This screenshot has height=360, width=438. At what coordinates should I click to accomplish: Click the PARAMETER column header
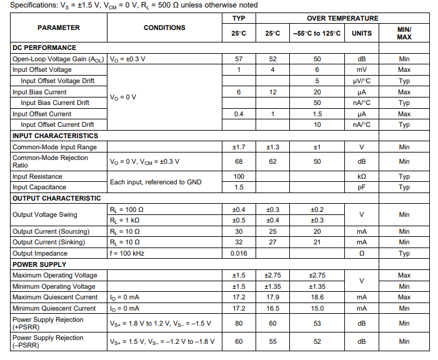tap(59, 27)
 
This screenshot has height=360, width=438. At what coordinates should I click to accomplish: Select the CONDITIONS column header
tap(164, 27)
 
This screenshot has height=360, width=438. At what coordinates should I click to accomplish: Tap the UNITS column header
tap(361, 33)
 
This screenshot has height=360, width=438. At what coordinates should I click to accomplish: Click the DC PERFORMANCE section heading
tap(44, 47)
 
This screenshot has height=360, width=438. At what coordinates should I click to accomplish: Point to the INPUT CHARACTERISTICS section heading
tap(55, 136)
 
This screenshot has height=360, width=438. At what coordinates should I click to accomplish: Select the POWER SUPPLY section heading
tap(39, 264)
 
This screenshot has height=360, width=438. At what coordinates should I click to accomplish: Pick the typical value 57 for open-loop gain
tap(239, 59)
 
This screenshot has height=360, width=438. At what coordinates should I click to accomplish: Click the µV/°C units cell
tap(361, 81)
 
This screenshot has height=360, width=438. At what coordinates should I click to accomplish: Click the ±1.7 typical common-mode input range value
tap(239, 147)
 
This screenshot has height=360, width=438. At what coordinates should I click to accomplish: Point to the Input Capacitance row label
tap(39, 187)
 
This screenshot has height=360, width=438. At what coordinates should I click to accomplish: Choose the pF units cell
tap(361, 187)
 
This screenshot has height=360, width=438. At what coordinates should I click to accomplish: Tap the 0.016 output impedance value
tap(239, 253)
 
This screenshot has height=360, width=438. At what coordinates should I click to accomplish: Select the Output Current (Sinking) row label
tap(53, 242)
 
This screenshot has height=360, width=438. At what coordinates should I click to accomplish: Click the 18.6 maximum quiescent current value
tap(317, 297)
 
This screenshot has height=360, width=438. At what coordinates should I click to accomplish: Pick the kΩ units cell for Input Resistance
tap(361, 176)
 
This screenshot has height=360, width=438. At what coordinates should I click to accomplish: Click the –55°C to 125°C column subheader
tap(317, 33)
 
